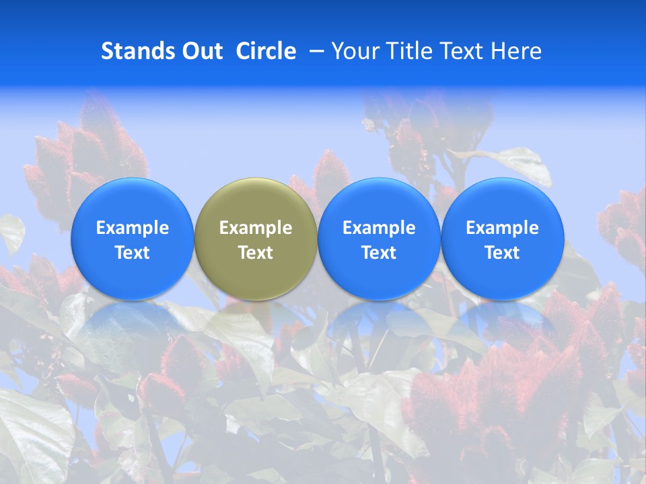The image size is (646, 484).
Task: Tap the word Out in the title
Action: click(x=201, y=51)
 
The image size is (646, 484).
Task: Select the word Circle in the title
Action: click(x=266, y=51)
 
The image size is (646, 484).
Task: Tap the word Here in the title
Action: click(x=517, y=51)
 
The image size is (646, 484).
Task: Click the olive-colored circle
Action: click(x=256, y=239)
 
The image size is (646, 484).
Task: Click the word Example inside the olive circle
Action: click(x=256, y=228)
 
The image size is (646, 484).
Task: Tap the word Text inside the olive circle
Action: click(x=256, y=253)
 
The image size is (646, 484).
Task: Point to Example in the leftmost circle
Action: click(x=133, y=228)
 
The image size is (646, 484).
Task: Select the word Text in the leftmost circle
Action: click(x=133, y=253)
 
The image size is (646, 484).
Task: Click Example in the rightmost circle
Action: click(x=503, y=228)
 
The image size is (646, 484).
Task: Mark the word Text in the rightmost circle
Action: click(x=503, y=253)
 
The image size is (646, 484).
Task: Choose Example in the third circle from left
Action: click(x=379, y=228)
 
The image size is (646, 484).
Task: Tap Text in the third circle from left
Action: click(x=379, y=253)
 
